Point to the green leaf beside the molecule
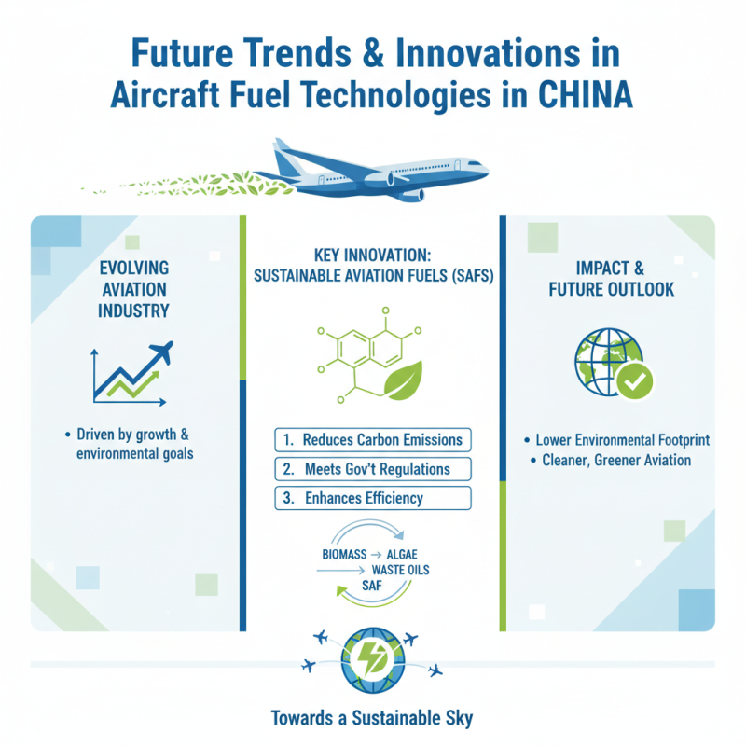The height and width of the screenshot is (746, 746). (x=407, y=381)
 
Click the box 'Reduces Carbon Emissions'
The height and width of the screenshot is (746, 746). (x=373, y=439)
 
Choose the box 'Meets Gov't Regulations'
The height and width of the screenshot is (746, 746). (x=373, y=468)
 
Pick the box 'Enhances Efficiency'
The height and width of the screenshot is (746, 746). (x=373, y=498)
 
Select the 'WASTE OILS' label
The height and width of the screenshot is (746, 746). (x=400, y=570)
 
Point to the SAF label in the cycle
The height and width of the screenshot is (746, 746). (x=372, y=586)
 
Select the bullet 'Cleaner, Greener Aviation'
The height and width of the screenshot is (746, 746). (x=610, y=461)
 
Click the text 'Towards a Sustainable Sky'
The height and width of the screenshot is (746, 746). (x=371, y=718)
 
